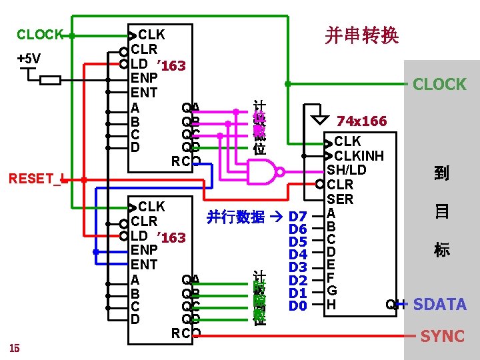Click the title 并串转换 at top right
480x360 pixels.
(362, 35)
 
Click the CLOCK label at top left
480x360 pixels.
(40, 34)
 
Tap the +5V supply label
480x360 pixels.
(29, 59)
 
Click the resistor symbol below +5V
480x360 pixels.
(51, 81)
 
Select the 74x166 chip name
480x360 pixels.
(362, 121)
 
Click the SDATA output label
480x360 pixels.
(439, 305)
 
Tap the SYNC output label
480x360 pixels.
(443, 336)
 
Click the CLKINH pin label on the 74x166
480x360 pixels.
(359, 156)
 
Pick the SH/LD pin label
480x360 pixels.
(346, 170)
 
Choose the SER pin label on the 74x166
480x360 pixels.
(339, 199)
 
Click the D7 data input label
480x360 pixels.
(297, 217)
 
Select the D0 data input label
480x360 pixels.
(297, 306)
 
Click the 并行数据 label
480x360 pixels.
(235, 217)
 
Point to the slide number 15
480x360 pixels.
(15, 347)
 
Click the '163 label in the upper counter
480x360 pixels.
(170, 65)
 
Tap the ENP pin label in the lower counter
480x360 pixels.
(144, 250)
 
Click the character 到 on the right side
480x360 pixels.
(441, 173)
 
